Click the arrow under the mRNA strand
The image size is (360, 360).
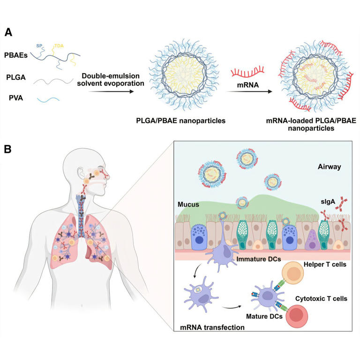251,92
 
